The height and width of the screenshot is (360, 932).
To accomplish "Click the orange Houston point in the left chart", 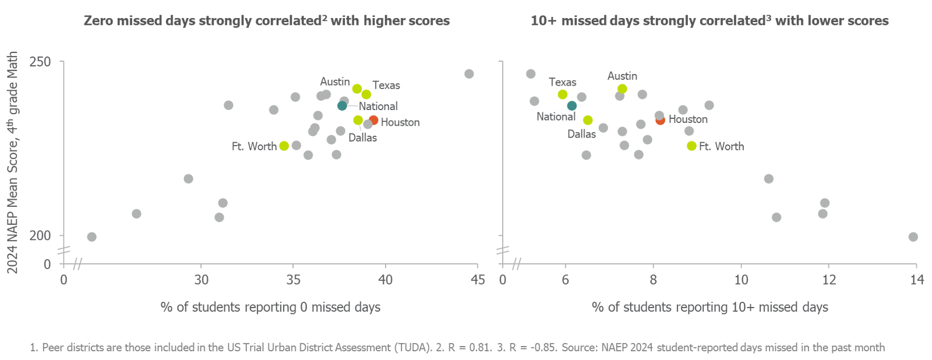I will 373,121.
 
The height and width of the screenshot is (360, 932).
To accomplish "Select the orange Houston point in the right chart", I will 660,120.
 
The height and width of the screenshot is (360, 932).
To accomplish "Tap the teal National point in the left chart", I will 342,105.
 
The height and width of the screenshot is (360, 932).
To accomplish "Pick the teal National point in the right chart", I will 572,105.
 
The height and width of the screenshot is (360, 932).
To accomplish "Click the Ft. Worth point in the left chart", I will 284,146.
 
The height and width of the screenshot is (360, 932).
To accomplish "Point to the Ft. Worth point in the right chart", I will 691,146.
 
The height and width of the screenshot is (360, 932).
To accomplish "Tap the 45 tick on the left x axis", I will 478,280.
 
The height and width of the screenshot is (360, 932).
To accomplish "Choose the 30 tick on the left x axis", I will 201,280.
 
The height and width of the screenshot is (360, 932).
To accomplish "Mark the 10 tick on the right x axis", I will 741,280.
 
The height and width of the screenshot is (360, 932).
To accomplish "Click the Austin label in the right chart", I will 622,76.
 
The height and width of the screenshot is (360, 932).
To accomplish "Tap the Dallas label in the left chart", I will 362,138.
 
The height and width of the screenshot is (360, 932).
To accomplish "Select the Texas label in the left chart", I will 386,86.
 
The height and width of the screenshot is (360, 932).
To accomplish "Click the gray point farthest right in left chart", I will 469,74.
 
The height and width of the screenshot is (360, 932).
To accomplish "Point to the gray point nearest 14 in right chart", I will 913,237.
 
